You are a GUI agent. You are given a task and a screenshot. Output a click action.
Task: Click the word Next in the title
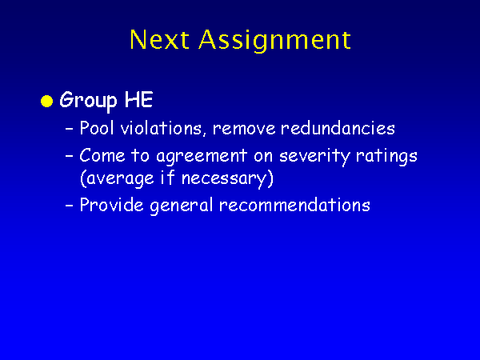pos(159,39)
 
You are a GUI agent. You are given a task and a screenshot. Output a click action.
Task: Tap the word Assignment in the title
pos(274,41)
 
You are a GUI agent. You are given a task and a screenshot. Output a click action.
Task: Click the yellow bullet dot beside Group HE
pos(47,101)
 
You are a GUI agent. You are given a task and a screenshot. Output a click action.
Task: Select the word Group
pos(88,101)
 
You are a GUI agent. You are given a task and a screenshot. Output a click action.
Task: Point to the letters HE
pos(138,99)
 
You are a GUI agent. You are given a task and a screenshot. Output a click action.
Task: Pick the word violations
pos(162,128)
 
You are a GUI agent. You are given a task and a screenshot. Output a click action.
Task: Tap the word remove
pos(244,129)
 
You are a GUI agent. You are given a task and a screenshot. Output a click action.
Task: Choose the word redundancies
pos(338,128)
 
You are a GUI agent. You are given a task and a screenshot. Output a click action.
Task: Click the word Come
pos(102,155)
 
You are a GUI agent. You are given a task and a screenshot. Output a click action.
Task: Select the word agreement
pos(202,157)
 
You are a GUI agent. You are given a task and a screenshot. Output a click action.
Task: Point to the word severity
pos(314,157)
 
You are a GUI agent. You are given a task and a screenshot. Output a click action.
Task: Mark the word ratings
pos(386,157)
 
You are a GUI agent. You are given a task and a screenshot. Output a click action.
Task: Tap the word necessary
pos(227,178)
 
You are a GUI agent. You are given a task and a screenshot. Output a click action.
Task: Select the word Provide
pos(111,205)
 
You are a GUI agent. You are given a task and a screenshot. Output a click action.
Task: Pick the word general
pos(182,206)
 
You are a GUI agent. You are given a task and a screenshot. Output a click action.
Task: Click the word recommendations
pos(294,205)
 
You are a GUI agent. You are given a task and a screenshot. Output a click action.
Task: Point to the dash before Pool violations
pos(70,129)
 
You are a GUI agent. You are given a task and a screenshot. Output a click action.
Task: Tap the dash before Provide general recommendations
pos(70,206)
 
